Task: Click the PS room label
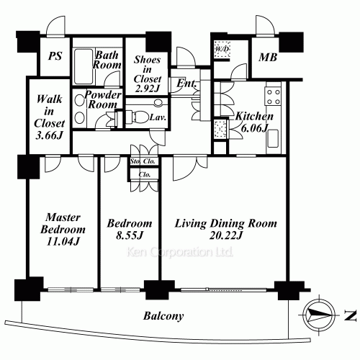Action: coord(55,56)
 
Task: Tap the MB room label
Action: coord(268,58)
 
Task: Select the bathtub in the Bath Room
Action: coord(84,67)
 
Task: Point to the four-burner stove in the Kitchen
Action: coord(274,96)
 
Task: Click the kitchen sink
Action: coord(273,138)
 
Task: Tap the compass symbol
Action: coord(319,314)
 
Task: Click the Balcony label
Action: coord(163,316)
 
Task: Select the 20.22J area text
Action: coord(226,235)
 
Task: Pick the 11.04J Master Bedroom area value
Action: coord(63,241)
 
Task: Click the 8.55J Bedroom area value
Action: coord(130,235)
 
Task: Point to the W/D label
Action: coord(222,49)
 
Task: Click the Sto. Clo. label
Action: coord(143,161)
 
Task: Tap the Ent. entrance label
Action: coord(186,84)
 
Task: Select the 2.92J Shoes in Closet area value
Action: coord(147,89)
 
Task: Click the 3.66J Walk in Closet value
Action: coord(50,135)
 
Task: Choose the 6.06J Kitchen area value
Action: coord(254,128)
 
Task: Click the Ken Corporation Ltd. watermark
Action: coord(180,252)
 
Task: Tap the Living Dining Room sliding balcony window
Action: coord(224,289)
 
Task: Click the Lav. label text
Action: coord(158,118)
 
